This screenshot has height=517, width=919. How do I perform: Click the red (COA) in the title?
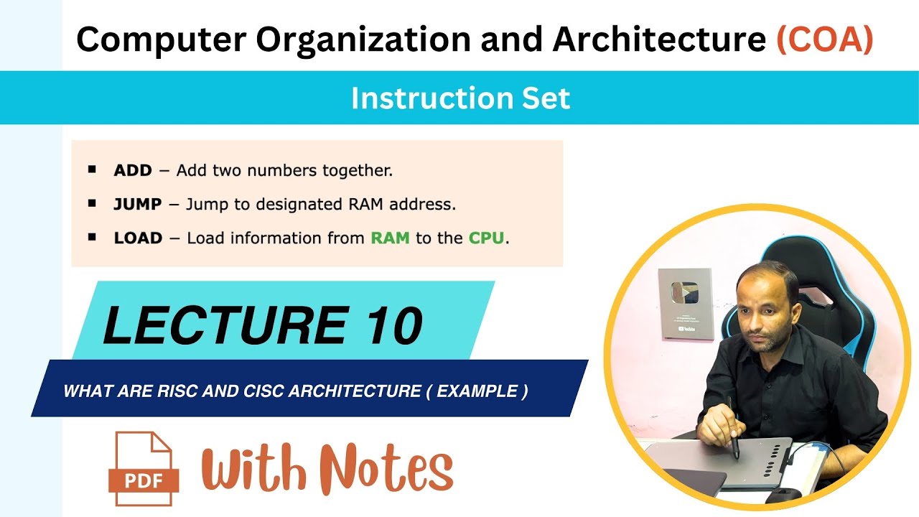[825, 39]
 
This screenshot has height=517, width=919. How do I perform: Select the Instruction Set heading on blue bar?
[460, 98]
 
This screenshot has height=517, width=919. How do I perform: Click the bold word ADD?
[133, 171]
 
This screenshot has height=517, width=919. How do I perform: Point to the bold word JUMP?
[138, 204]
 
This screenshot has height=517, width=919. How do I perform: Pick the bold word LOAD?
[138, 238]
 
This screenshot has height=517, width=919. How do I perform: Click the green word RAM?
[390, 238]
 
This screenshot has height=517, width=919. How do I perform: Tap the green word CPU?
[487, 238]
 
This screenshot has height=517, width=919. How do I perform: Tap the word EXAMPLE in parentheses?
[477, 391]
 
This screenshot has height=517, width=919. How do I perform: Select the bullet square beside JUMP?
[92, 204]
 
